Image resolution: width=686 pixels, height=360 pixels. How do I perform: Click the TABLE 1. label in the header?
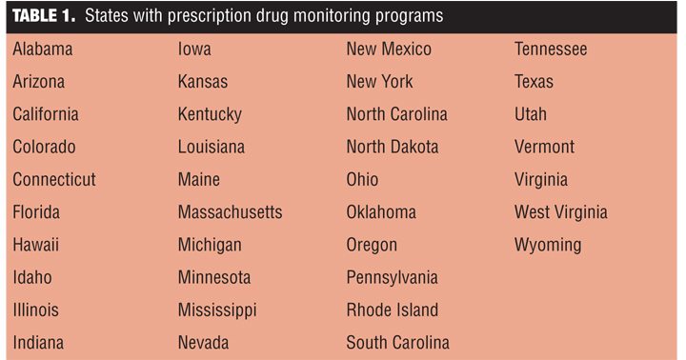(x=44, y=16)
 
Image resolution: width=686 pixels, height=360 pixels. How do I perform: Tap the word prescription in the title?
(x=214, y=16)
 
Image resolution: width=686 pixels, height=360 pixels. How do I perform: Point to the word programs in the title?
(x=409, y=17)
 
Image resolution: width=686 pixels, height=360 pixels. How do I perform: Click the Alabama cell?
(x=43, y=49)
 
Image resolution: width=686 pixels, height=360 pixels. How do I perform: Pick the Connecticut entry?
(x=54, y=179)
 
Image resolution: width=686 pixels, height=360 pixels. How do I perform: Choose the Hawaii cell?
(x=36, y=245)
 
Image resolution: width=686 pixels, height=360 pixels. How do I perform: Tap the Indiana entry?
(x=38, y=343)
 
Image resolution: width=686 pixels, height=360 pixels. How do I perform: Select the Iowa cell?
(x=194, y=49)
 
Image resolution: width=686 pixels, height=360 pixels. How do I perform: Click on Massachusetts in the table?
(x=231, y=212)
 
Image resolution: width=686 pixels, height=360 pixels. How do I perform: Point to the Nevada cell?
(x=204, y=343)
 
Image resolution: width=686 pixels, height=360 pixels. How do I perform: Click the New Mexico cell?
(x=389, y=49)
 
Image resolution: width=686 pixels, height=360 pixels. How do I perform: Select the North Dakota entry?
(x=393, y=147)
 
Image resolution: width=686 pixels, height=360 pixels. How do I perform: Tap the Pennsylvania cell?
(x=392, y=278)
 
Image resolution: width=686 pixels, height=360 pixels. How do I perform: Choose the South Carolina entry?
(x=397, y=343)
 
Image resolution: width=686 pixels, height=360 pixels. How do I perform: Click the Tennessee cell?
(x=551, y=49)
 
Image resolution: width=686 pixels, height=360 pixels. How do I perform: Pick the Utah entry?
(x=531, y=114)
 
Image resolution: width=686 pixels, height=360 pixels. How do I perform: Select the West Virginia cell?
(x=561, y=213)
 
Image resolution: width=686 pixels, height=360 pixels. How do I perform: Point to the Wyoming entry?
(x=548, y=246)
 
